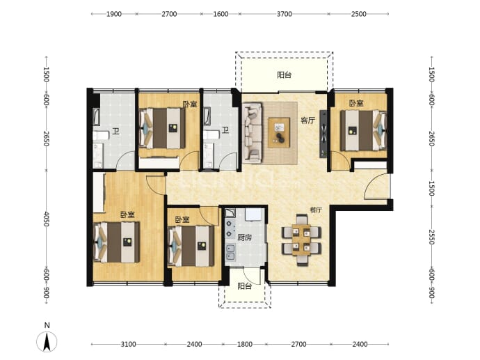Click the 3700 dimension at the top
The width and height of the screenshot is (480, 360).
pyautogui.click(x=285, y=14)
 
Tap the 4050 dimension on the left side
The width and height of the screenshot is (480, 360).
pyautogui.click(x=46, y=219)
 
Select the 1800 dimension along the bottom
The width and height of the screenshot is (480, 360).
pyautogui.click(x=245, y=344)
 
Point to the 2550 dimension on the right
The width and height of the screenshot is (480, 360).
pyautogui.click(x=431, y=237)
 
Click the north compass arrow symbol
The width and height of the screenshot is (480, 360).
pyautogui.click(x=47, y=342)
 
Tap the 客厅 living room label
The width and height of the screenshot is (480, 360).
pyautogui.click(x=307, y=120)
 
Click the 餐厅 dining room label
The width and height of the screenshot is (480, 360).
pyautogui.click(x=316, y=210)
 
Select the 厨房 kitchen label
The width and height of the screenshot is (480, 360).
pyautogui.click(x=245, y=237)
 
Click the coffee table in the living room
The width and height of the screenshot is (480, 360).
pyautogui.click(x=279, y=132)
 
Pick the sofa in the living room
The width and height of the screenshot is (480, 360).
pyautogui.click(x=253, y=132)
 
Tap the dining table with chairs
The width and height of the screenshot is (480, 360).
pyautogui.click(x=301, y=240)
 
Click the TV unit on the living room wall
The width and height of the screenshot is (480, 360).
pyautogui.click(x=323, y=134)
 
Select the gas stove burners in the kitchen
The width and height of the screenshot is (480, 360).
pyautogui.click(x=230, y=228)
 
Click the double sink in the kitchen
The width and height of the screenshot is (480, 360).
pyautogui.click(x=230, y=252)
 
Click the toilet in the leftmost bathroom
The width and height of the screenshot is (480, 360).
pyautogui.click(x=101, y=136)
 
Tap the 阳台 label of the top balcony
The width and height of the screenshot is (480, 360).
pyautogui.click(x=284, y=75)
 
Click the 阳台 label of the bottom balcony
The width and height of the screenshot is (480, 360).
pyautogui.click(x=245, y=286)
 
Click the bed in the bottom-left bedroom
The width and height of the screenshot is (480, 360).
pyautogui.click(x=117, y=242)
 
